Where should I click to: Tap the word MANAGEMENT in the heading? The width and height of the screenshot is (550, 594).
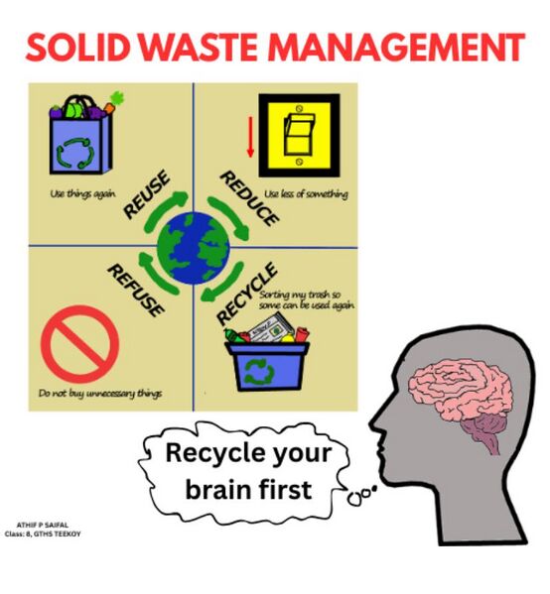[397, 48]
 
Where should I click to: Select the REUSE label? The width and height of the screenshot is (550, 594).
[146, 194]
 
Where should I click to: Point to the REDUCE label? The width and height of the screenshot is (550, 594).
[249, 198]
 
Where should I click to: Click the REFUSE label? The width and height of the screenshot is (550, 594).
[136, 291]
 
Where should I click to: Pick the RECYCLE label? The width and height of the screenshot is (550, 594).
[247, 294]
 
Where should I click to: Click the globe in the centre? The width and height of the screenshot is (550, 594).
[194, 248]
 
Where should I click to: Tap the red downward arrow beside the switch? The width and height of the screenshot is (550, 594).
[250, 137]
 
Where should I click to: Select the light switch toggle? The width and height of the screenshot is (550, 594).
[299, 135]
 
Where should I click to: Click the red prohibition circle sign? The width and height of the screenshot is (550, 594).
[80, 344]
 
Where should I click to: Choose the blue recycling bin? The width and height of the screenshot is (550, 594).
[268, 366]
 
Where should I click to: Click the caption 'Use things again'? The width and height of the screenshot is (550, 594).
[83, 194]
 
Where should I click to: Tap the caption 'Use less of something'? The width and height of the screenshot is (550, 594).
[306, 194]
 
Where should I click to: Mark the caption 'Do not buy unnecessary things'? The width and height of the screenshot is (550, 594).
[100, 394]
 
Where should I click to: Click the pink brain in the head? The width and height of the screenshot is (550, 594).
[460, 394]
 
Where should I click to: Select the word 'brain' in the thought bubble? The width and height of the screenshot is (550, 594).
[218, 489]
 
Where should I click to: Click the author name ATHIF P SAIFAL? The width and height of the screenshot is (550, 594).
[43, 525]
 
